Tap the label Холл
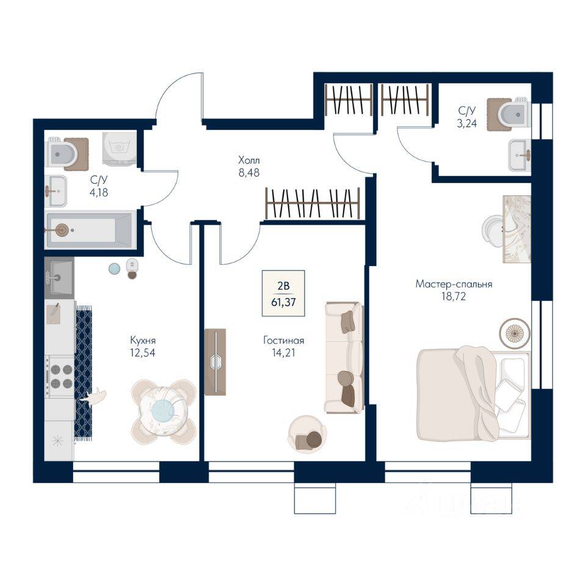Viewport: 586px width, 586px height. coord(248,161)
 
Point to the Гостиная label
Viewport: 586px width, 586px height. coord(284,341)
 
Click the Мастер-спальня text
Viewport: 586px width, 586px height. coord(454,284)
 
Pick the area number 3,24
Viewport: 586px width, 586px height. coord(467,123)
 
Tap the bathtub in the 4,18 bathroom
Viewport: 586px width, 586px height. coord(89,230)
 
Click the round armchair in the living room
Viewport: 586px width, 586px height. coord(307,435)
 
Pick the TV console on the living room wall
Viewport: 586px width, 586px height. coord(215,361)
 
